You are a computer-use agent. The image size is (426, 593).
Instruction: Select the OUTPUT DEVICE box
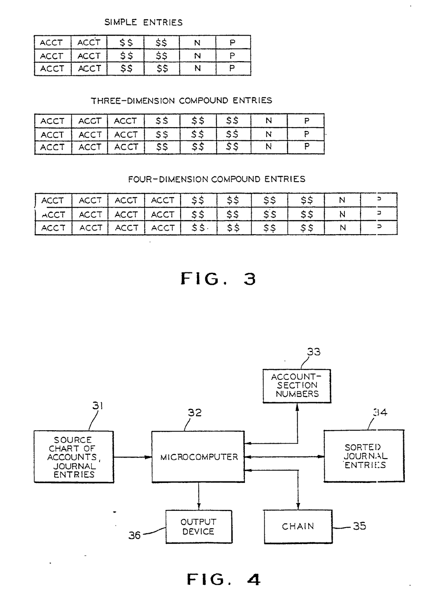(x=199, y=527)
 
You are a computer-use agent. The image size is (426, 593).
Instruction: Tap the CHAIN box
(x=298, y=526)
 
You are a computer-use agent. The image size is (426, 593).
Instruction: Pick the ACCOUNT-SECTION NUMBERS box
(x=297, y=386)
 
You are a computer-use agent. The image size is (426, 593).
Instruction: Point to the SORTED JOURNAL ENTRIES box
(x=364, y=456)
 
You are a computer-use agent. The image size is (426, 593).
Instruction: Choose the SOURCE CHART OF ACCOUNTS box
(x=74, y=457)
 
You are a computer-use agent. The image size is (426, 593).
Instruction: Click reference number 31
(x=98, y=406)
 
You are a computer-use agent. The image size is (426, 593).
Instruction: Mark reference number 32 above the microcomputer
(x=194, y=413)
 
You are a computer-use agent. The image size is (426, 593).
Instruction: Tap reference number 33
(x=314, y=352)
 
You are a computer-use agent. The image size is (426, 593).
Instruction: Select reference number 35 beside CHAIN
(x=359, y=526)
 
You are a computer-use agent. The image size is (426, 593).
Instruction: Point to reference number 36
(x=135, y=535)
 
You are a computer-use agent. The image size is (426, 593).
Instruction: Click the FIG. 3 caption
(x=218, y=279)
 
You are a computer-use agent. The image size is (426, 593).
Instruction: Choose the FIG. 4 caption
(x=223, y=579)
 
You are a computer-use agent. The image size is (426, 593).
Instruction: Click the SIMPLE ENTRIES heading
(x=144, y=23)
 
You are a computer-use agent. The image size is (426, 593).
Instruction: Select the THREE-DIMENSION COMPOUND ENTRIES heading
(x=181, y=101)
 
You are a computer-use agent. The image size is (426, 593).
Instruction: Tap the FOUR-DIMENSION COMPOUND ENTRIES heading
(x=217, y=179)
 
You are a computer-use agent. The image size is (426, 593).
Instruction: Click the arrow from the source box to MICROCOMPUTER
(x=132, y=457)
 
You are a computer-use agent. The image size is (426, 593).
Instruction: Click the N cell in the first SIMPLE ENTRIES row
(x=197, y=43)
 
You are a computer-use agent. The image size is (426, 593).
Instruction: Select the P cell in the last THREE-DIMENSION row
(x=307, y=147)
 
